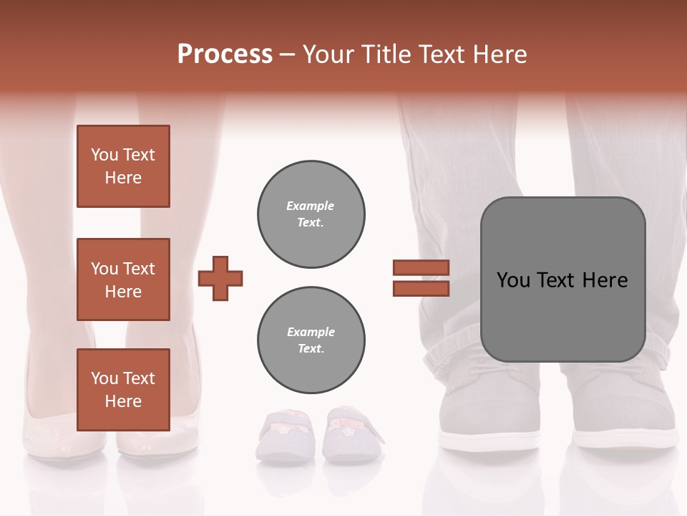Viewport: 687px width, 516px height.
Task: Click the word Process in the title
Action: [x=225, y=54]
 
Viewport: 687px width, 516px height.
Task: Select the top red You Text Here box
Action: [x=123, y=166]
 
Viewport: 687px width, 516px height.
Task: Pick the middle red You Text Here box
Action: [x=123, y=279]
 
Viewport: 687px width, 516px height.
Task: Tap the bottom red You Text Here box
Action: [x=123, y=390]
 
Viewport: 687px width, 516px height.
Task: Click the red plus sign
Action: [x=220, y=278]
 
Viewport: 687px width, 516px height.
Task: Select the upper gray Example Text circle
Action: [x=311, y=214]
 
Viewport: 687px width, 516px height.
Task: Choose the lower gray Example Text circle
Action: [x=311, y=340]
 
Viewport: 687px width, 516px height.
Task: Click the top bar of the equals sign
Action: [x=421, y=267]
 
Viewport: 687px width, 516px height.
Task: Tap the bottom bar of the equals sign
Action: [x=421, y=288]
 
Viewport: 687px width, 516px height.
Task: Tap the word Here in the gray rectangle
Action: [x=605, y=280]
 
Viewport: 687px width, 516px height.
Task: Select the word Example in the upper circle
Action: [x=310, y=206]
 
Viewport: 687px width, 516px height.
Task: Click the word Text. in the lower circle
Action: [x=311, y=348]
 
